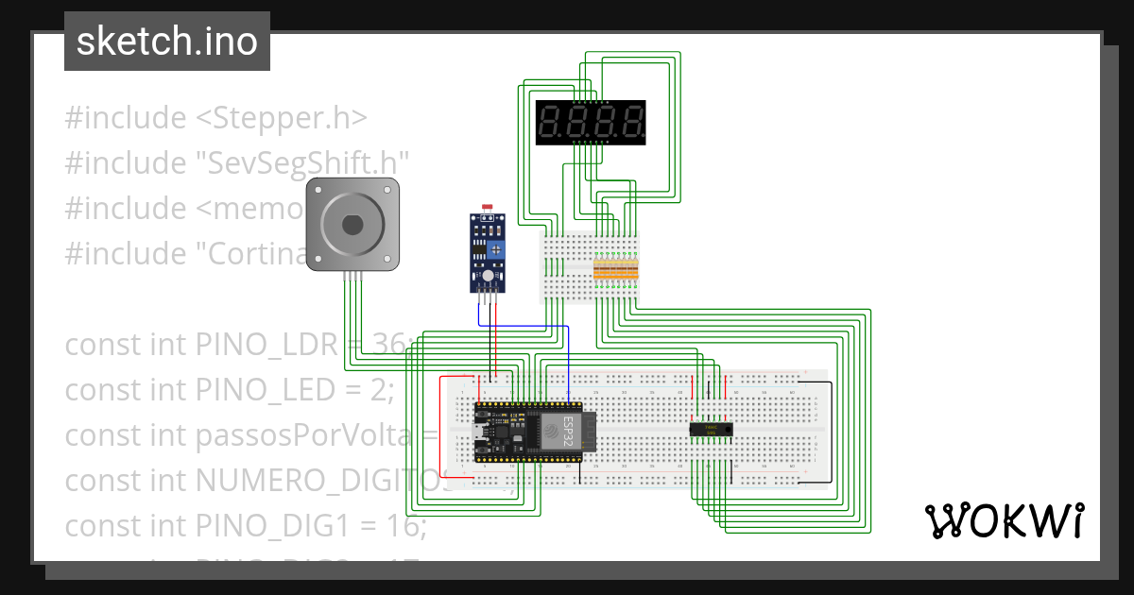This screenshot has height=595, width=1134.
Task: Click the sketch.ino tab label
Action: pyautogui.click(x=166, y=42)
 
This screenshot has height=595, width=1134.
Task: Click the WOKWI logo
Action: pyautogui.click(x=1003, y=520)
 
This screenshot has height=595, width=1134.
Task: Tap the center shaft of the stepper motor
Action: pyautogui.click(x=352, y=225)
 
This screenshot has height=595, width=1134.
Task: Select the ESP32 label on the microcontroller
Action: pyautogui.click(x=569, y=429)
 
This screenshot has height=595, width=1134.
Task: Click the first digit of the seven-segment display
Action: pyautogui.click(x=551, y=123)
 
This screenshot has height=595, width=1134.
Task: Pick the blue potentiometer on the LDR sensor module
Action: pyautogui.click(x=495, y=249)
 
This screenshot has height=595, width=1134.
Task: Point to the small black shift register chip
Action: pyautogui.click(x=712, y=430)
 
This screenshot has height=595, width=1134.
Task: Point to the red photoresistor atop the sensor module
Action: pyautogui.click(x=488, y=207)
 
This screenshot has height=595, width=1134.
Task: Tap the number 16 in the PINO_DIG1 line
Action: pyautogui.click(x=407, y=526)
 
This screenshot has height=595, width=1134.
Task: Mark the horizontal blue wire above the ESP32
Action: pyautogui.click(x=529, y=326)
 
